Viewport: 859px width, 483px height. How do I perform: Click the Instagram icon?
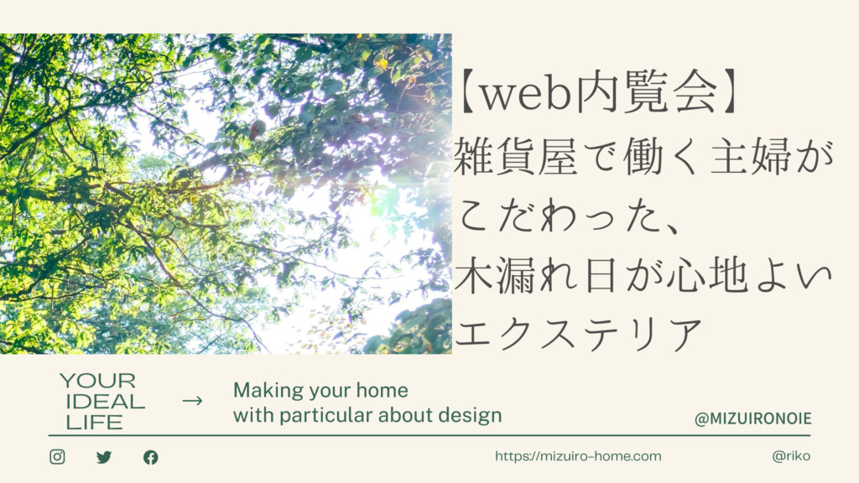pos(58,457)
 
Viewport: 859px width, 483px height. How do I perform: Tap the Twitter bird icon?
pos(104,457)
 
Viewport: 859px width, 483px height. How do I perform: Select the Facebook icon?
pos(151,457)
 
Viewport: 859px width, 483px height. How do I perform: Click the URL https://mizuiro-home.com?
pos(578,456)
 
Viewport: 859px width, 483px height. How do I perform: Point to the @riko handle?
pos(791,455)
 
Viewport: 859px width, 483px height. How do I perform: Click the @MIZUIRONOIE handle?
pos(752,419)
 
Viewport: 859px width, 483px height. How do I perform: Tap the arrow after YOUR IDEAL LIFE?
pos(192,401)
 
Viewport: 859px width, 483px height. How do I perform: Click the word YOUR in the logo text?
pos(97,381)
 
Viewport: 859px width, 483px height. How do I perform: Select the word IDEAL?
pos(105,402)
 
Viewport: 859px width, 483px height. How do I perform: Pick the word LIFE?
pos(94,423)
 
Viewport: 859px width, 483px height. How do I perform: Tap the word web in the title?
pos(523,94)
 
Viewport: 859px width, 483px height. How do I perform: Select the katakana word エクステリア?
pos(579,334)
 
